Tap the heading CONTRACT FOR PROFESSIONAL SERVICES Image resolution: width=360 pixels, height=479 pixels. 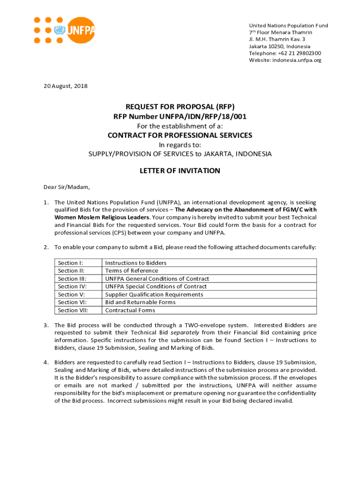coord(180,135)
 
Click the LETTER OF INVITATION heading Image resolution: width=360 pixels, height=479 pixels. coord(180,171)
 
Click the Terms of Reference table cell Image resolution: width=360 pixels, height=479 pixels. coord(131,271)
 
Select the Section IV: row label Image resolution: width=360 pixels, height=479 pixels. coord(72,286)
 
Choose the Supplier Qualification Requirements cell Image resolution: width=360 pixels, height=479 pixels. coord(154,294)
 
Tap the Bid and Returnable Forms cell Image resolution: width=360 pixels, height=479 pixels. coord(140,302)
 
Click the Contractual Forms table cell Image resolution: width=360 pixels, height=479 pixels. coord(130,310)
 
